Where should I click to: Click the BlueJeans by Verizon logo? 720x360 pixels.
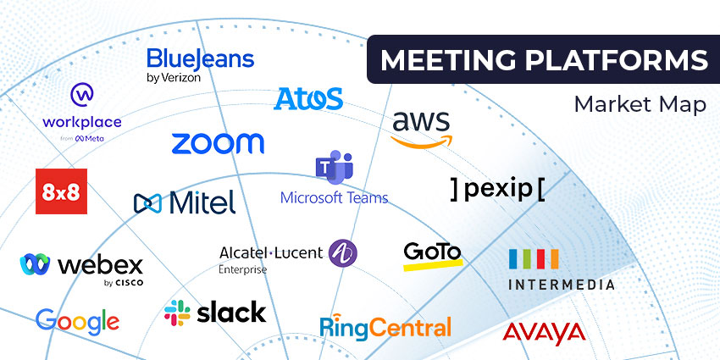200,64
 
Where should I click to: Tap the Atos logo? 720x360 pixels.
308,98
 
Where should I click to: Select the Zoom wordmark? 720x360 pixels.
218,143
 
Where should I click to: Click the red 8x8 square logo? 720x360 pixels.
61,191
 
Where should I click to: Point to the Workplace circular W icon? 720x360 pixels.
82,94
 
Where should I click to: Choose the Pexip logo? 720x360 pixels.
498,189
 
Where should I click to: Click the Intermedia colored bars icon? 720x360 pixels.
533,258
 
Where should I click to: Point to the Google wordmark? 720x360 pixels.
77,320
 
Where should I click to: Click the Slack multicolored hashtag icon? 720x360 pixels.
177,313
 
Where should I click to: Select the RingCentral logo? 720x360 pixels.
385,326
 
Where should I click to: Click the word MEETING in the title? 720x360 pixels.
437,60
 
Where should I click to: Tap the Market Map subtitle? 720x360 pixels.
640,104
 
